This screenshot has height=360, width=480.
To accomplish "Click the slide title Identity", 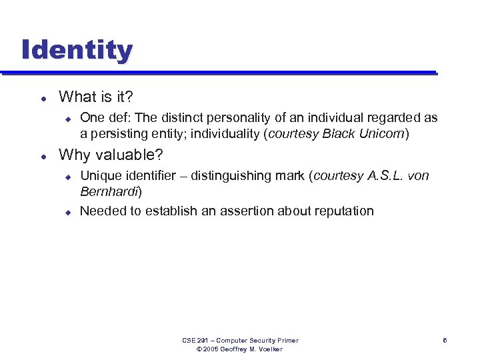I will point(77,50).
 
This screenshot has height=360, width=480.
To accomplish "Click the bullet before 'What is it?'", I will point(43,98).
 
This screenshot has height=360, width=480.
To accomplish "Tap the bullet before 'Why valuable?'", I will point(43,156).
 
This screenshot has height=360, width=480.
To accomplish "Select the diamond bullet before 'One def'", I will point(67,119).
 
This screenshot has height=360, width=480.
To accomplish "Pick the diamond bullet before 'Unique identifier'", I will point(67,177).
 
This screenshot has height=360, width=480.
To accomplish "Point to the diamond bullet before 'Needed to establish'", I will point(67,212).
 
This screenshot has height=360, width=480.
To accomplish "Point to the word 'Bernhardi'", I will point(109,192).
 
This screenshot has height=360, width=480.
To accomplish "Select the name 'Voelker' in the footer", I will point(270,349).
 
